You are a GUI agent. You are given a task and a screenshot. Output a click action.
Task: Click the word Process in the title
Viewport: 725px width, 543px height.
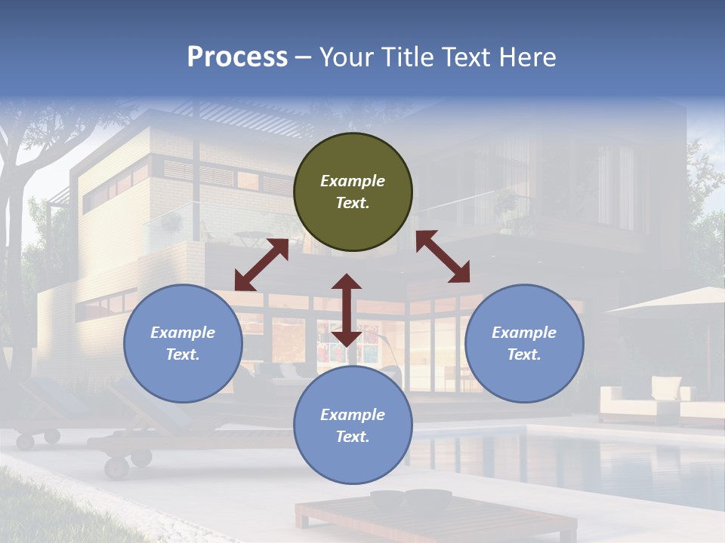coord(237,57)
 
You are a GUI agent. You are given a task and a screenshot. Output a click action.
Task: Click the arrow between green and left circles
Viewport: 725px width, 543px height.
coord(261,265)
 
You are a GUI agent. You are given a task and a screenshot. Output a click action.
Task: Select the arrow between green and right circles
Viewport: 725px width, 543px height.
coord(443,256)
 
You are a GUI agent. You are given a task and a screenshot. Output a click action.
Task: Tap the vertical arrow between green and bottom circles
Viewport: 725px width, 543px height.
coord(347,310)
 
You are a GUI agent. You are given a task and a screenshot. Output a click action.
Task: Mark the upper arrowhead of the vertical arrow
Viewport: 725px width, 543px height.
coord(347,282)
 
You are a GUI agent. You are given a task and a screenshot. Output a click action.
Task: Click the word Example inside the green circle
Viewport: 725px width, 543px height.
coord(353,181)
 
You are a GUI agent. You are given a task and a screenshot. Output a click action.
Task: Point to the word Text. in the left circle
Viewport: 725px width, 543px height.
coord(183,354)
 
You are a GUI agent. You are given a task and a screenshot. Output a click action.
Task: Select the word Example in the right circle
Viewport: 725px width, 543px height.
coord(524,333)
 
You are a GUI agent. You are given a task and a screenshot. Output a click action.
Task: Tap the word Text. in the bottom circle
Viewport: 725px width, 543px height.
coord(353,437)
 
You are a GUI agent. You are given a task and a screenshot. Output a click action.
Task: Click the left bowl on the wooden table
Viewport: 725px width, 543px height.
coord(387,499)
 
